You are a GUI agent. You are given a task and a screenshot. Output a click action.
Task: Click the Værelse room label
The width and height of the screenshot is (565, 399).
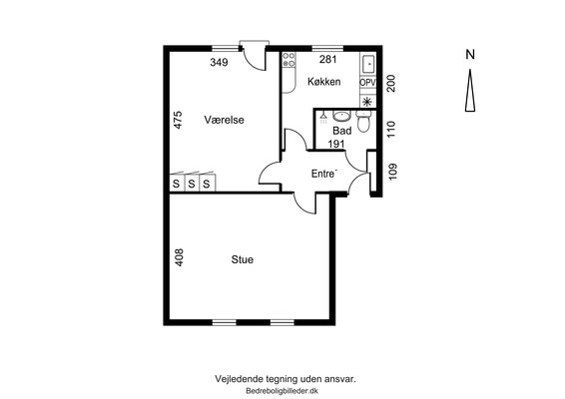[224, 120]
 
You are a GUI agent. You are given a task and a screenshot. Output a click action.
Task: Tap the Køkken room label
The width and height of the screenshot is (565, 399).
[324, 82]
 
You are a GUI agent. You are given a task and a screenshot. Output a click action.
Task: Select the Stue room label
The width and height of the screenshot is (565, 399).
[243, 259]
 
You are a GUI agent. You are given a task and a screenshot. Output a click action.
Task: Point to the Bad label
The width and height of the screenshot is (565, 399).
[342, 130]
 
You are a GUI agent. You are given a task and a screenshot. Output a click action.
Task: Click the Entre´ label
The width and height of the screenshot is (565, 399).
[324, 174]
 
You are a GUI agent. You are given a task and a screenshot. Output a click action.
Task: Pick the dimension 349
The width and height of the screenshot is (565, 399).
[219, 62]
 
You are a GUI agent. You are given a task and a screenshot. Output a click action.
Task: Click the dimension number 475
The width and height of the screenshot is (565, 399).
[178, 120]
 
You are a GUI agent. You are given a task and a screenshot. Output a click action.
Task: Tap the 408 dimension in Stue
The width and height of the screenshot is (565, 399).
[179, 257]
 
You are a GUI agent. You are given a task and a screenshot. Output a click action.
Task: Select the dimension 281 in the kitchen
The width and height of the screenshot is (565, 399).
[327, 59]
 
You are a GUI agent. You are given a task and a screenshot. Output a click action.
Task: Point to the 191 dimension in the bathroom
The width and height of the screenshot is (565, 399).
[336, 144]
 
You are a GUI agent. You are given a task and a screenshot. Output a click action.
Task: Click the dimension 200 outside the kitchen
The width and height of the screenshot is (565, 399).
[391, 83]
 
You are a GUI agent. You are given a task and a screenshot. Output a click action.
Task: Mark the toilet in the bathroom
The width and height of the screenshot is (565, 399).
[363, 121]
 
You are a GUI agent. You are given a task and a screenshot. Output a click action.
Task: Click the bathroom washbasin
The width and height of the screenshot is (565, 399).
[341, 116]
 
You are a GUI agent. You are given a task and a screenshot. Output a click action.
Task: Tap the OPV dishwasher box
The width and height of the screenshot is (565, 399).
[367, 83]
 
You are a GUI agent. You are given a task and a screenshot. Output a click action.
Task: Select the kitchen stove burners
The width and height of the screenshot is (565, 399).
[288, 60]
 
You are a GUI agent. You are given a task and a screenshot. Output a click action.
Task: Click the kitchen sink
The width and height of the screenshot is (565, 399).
[368, 64]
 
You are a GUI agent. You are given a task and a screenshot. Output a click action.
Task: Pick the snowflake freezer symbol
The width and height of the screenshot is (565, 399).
[367, 102]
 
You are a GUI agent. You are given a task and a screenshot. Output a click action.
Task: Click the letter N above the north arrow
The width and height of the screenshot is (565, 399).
[470, 55]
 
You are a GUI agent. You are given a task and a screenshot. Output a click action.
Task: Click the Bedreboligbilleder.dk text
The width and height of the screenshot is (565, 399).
[282, 391]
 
